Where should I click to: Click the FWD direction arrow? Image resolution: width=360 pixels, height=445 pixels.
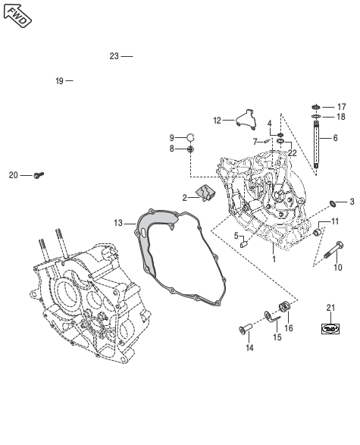(17, 16)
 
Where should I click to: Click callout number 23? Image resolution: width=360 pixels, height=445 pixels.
(114, 56)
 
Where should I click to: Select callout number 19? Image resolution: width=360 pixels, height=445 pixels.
(60, 81)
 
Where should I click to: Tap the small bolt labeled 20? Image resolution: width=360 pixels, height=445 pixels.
(39, 175)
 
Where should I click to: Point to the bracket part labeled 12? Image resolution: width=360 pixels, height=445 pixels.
(246, 119)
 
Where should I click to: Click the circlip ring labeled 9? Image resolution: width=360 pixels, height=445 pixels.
(191, 137)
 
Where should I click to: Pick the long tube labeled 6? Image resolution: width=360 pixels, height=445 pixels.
(317, 145)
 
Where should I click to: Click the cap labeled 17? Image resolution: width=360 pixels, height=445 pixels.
(316, 107)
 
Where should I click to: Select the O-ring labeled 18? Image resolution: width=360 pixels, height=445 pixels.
(316, 116)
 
